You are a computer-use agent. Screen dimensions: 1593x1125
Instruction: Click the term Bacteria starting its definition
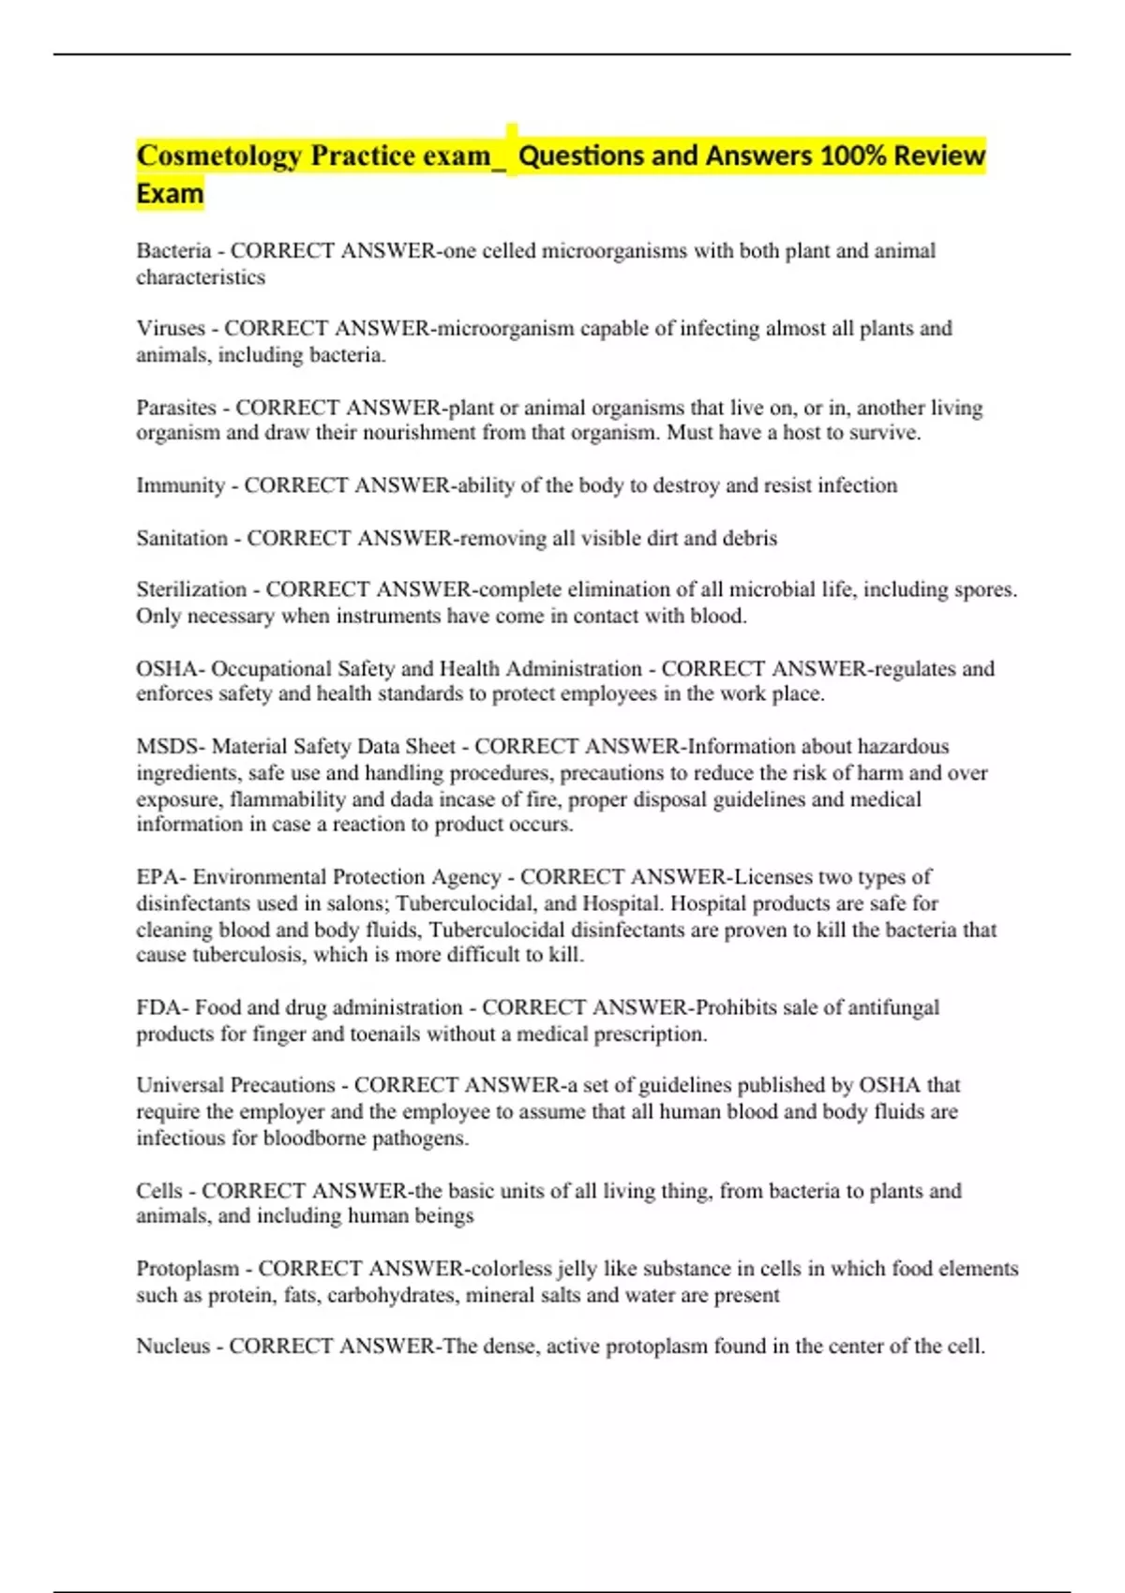click(173, 251)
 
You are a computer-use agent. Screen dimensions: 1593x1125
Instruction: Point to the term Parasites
click(176, 408)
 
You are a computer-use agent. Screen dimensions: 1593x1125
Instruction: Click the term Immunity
click(180, 485)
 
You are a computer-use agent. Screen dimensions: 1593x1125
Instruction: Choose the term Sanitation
click(182, 539)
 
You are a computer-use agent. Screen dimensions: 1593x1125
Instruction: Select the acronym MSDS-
click(171, 747)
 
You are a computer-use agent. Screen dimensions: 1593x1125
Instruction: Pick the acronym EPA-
click(162, 877)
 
